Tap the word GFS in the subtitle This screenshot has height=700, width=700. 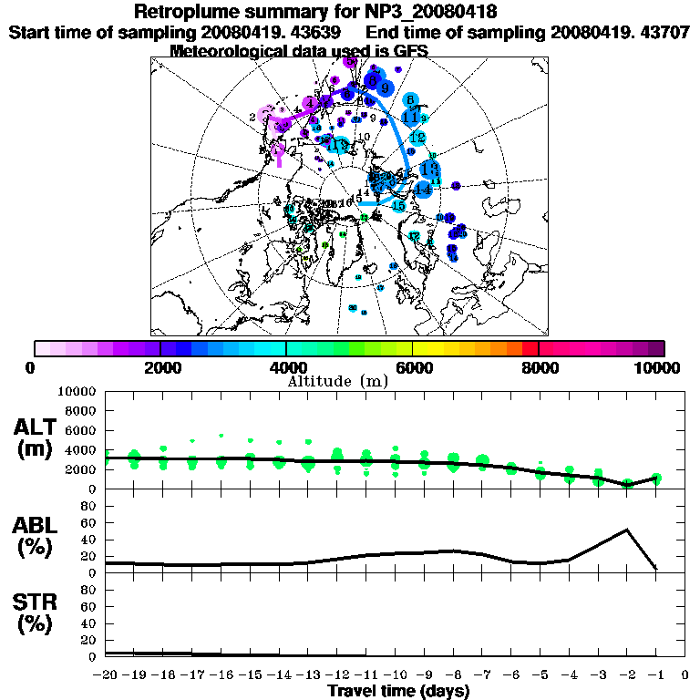pos(410,50)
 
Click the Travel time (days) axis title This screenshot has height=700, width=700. pos(398,692)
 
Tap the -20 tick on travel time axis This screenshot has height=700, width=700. pos(106,675)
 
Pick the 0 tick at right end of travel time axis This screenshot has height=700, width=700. pos(685,675)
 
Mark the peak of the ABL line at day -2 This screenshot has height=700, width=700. pos(627,530)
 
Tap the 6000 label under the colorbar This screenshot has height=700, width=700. pos(413,367)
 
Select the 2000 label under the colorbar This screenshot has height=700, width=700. pos(160,367)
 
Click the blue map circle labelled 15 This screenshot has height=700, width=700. pos(398,206)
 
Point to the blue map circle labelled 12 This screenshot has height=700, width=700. pos(417,138)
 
